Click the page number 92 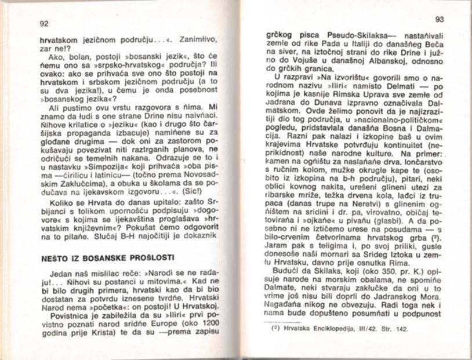(x=43, y=24)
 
